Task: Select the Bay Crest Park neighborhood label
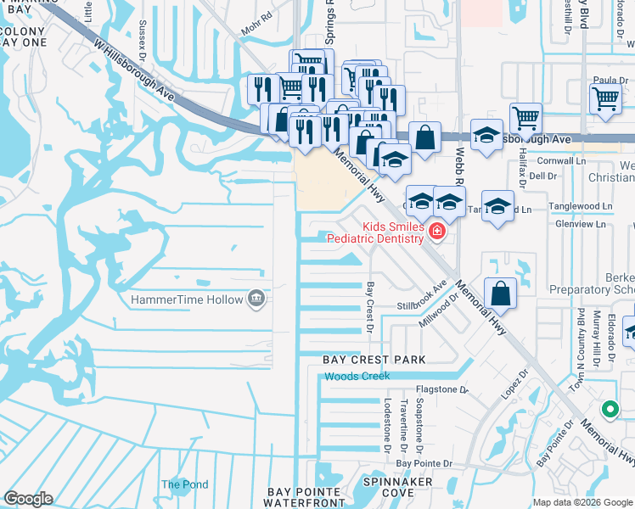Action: pos(374,360)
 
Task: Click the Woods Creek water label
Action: pos(357,376)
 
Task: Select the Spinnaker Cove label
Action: pos(398,487)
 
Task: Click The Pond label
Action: pos(184,485)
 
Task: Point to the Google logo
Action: pos(28,499)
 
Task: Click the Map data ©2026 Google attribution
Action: pos(582,502)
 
